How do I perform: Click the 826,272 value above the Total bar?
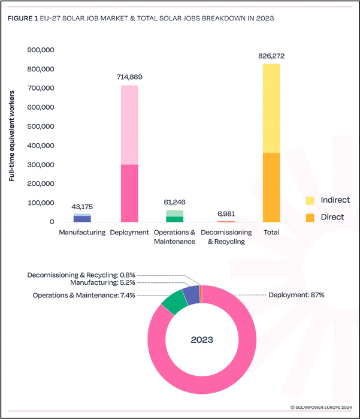coord(271,56)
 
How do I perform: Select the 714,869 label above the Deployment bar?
coord(129,77)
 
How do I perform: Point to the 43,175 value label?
coord(82,206)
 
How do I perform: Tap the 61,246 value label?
coord(174,203)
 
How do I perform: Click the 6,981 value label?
coord(226,213)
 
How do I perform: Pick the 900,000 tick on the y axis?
coord(41,50)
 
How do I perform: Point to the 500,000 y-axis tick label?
coord(41,126)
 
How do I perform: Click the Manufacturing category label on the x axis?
coord(82,232)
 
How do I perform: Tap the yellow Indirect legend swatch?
coord(310,200)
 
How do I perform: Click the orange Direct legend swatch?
coord(310,217)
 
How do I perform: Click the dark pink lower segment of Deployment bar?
coord(129,193)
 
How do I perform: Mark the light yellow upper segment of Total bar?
coord(271,108)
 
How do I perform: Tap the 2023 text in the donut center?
coord(202,339)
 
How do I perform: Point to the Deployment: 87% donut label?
coord(296,295)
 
